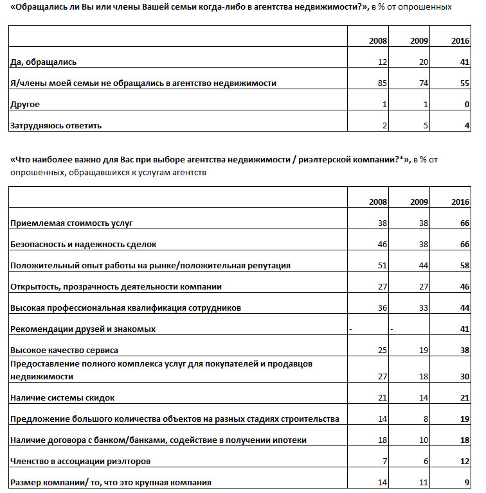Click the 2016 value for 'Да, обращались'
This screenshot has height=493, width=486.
click(x=465, y=62)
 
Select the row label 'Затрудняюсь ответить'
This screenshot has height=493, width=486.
click(x=55, y=125)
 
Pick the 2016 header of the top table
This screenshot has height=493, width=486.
click(x=460, y=41)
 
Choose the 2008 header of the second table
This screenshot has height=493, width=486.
click(x=378, y=202)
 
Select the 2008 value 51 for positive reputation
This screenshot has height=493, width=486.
click(x=382, y=265)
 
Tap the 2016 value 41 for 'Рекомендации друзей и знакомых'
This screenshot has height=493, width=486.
click(x=465, y=329)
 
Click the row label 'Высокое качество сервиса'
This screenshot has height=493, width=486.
click(x=64, y=350)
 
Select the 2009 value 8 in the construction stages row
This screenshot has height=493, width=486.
click(x=426, y=419)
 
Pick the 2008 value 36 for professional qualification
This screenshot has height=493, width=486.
click(x=382, y=307)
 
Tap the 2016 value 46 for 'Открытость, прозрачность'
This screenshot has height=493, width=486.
click(x=465, y=286)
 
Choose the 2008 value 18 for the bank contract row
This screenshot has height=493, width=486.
click(x=382, y=440)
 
